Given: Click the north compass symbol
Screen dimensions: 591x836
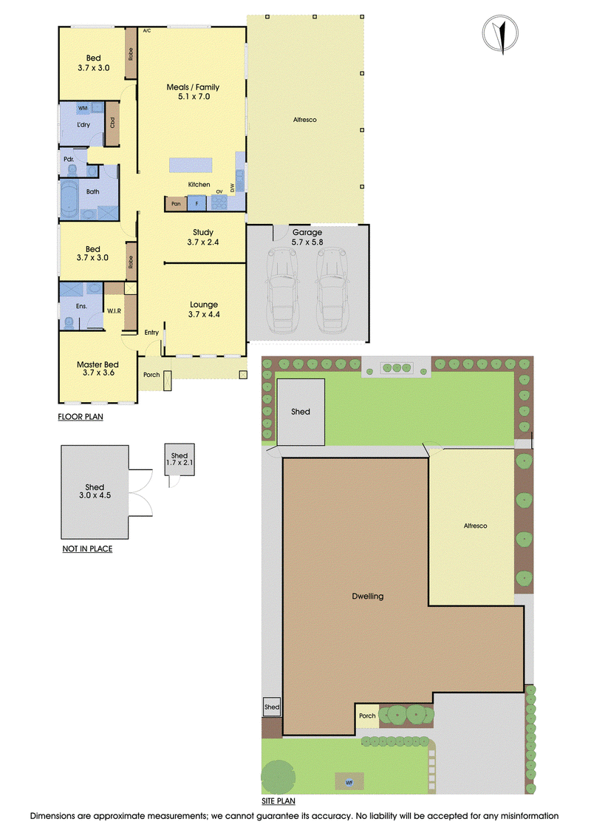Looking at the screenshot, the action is tap(500, 33).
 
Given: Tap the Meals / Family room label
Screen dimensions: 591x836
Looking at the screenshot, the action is tap(193, 92).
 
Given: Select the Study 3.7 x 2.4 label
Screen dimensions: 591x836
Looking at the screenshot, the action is tap(203, 237).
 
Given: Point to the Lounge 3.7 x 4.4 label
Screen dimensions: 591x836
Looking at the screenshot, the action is tap(204, 309).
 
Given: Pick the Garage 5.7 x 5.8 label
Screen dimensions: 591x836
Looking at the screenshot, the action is tap(307, 237).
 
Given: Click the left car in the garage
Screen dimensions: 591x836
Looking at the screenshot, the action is tap(282, 290).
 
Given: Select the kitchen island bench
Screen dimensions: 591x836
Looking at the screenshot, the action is tap(191, 165).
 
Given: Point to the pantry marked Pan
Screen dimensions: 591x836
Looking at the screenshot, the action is tap(176, 204).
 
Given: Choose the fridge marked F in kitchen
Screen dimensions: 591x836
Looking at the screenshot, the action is tap(197, 203).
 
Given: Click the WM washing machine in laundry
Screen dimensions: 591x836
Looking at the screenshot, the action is tap(83, 108).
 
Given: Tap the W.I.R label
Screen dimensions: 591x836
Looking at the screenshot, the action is tap(114, 311).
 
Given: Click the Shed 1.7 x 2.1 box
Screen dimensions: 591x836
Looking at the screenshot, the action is tap(179, 459).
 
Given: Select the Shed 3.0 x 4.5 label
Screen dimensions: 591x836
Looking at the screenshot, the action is tap(95, 491).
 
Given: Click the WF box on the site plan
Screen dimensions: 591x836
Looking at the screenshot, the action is tap(349, 782).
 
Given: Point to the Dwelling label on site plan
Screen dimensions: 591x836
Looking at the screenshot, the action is tap(368, 596).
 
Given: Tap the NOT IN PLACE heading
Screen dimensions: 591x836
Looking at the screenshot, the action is tap(87, 548).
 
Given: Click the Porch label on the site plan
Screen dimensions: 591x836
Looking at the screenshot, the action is tap(367, 716).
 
